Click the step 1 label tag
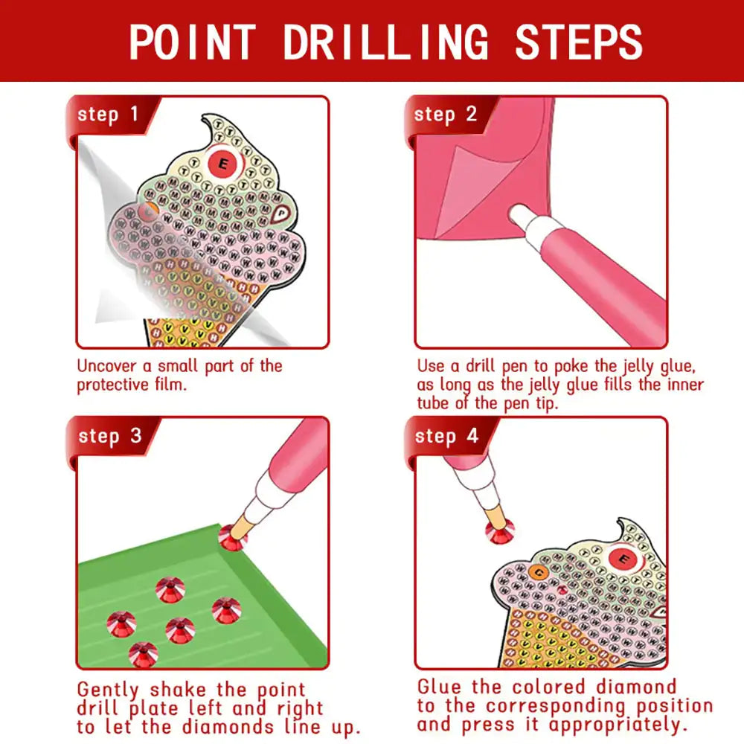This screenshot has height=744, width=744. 109,115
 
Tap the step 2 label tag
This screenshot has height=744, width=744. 446,115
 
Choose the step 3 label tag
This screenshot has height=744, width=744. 109,436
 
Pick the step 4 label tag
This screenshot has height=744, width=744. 446,436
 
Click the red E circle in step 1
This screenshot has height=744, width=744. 222,161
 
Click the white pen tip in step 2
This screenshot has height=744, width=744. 521,217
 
